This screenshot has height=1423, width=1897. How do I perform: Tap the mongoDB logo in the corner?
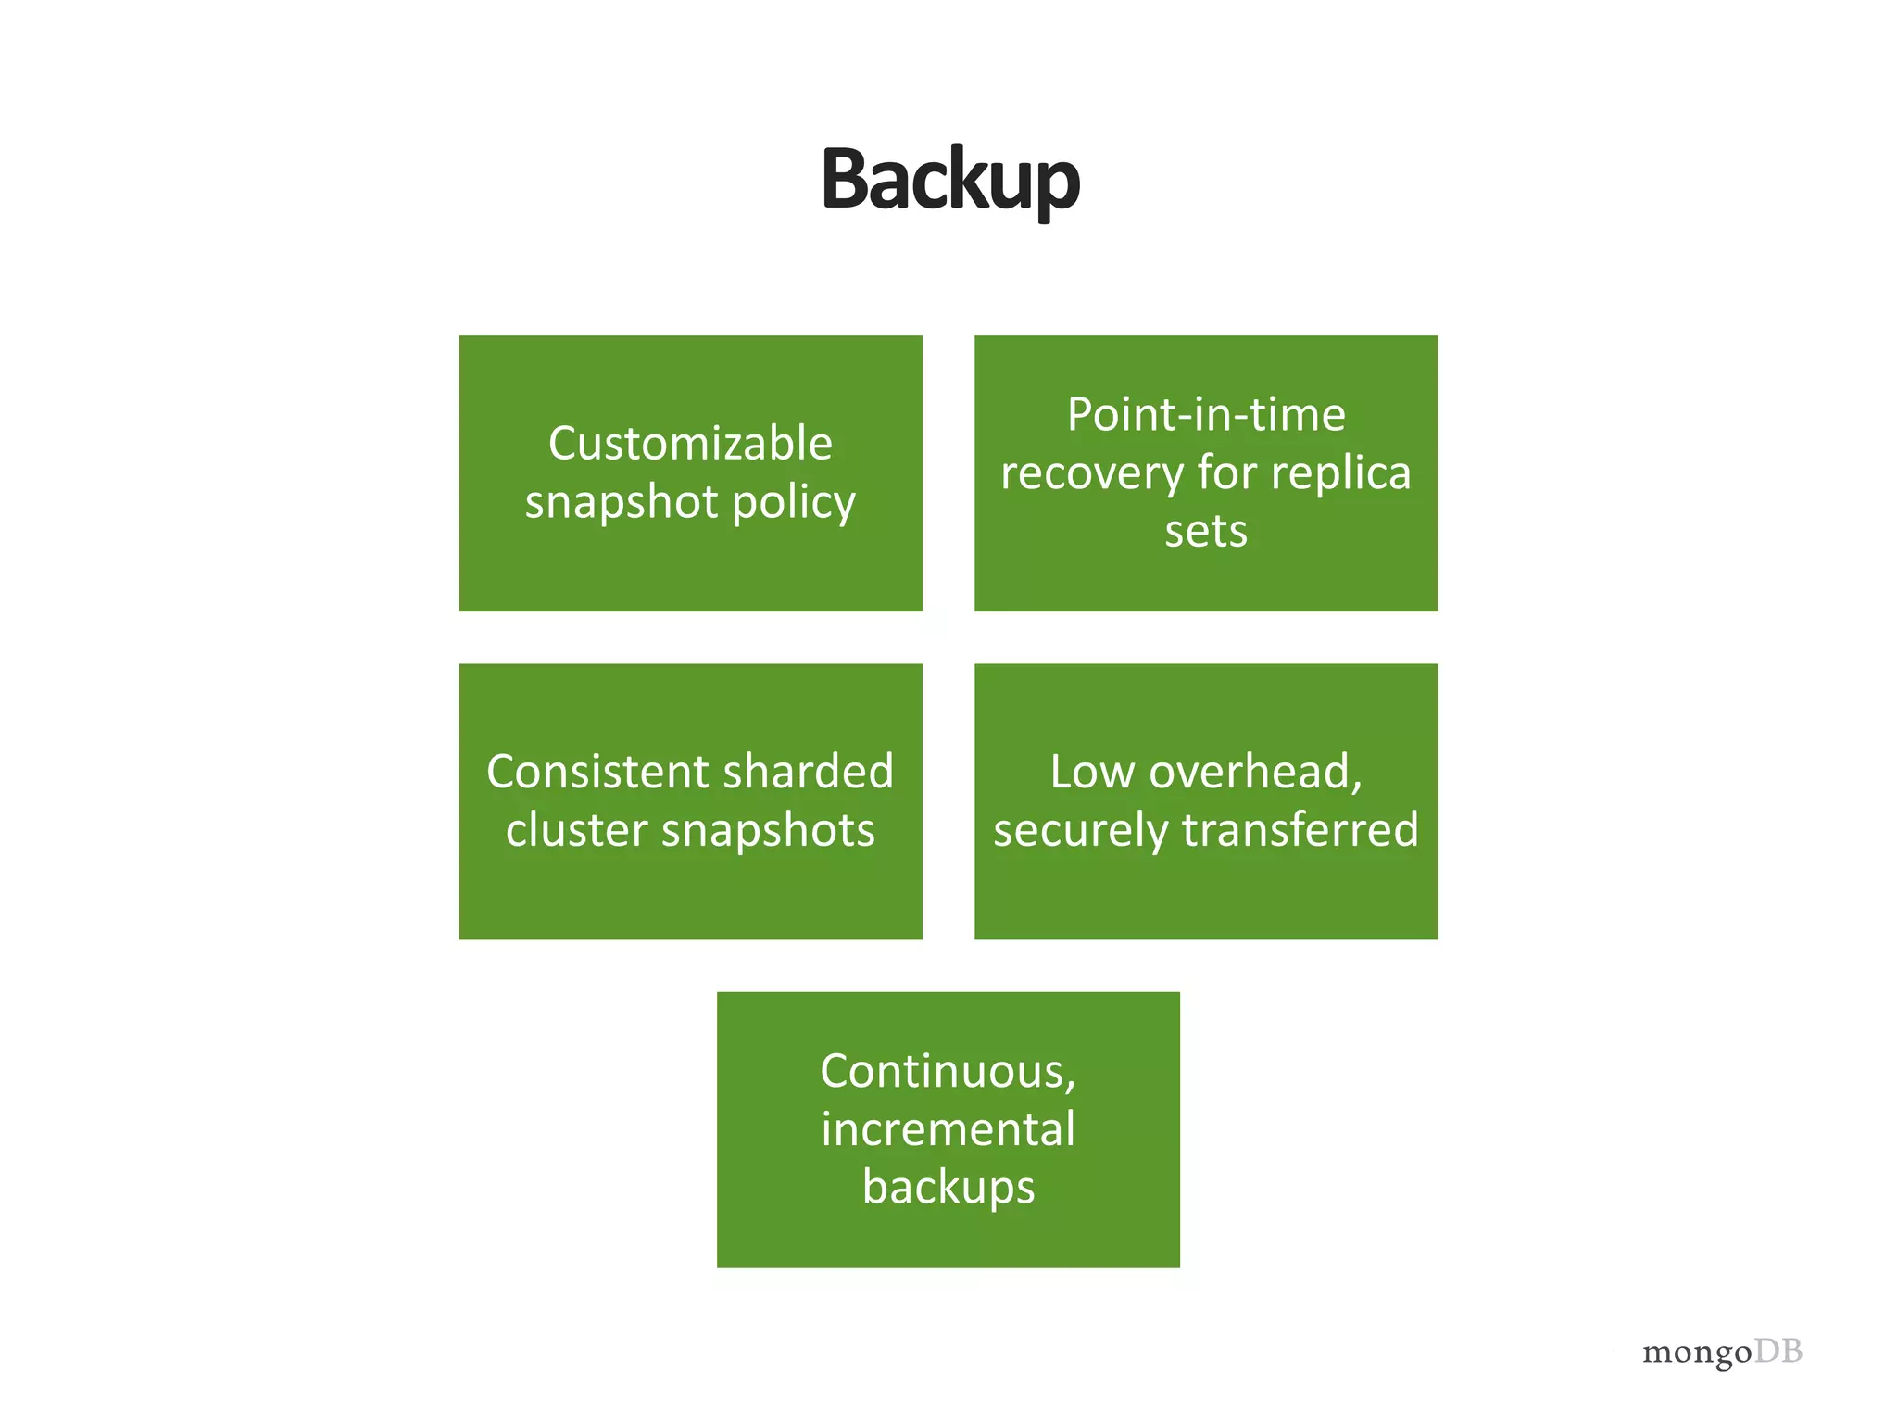[1721, 1352]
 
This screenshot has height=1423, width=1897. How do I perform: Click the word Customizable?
[690, 443]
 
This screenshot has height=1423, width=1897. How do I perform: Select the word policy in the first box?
[793, 503]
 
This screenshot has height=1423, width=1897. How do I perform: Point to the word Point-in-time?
[1205, 414]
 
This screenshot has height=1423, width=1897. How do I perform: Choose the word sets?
[1205, 532]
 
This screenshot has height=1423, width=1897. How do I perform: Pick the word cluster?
[576, 830]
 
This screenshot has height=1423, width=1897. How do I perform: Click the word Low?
[1091, 772]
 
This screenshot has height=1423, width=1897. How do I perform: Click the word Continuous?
[948, 1072]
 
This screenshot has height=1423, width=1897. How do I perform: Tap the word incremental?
[948, 1129]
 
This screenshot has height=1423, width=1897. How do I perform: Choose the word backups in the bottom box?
[948, 1188]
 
